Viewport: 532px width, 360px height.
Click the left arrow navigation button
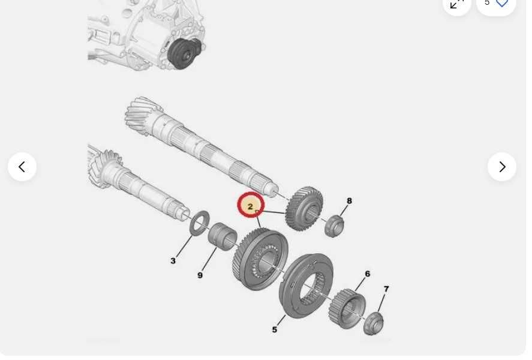(x=22, y=167)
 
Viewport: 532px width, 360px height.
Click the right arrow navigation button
(x=502, y=167)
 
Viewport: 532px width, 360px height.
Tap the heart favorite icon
(x=502, y=3)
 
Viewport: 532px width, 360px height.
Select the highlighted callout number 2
(x=251, y=206)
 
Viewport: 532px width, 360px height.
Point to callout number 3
(x=173, y=260)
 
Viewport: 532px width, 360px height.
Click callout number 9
(x=200, y=275)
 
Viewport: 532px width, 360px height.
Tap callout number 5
(x=275, y=329)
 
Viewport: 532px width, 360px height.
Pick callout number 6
(x=367, y=274)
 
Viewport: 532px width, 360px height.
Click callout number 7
(x=386, y=289)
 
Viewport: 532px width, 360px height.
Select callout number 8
(x=349, y=201)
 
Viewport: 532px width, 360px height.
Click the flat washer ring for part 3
(x=200, y=223)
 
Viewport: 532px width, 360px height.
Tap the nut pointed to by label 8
(x=334, y=226)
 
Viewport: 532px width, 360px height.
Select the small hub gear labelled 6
(x=347, y=308)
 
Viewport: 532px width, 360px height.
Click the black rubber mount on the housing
(x=184, y=53)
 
